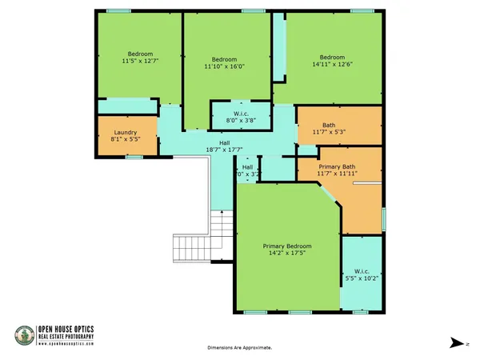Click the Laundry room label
pyautogui.click(x=126, y=133)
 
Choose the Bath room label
pyautogui.click(x=328, y=125)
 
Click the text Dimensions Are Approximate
pyautogui.click(x=239, y=348)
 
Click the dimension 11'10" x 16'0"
pyautogui.click(x=224, y=67)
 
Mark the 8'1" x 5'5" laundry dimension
pyautogui.click(x=126, y=140)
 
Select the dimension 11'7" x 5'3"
pyautogui.click(x=328, y=132)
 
